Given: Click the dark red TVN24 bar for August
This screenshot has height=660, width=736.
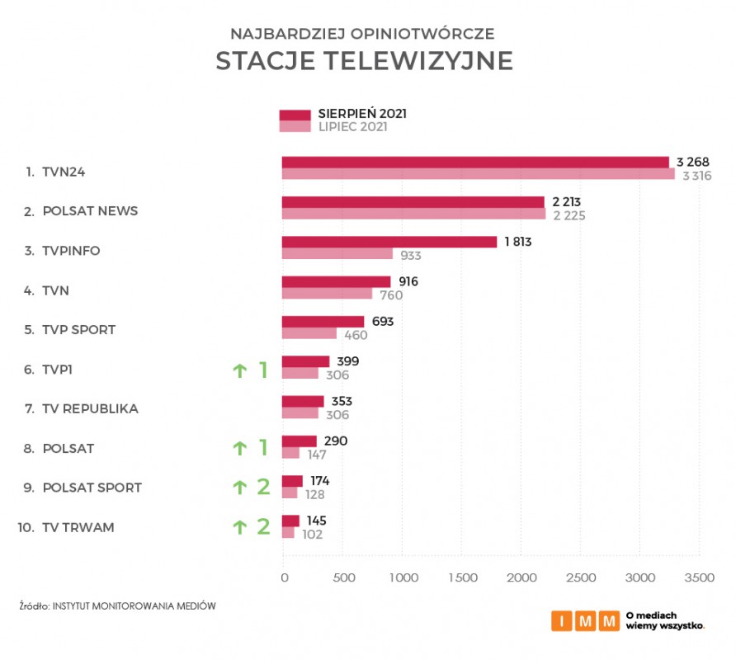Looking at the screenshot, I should coord(474,162).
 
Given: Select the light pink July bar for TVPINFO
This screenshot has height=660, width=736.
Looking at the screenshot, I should coord(337,254).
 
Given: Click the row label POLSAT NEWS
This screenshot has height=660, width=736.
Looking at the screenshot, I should coord(90,211).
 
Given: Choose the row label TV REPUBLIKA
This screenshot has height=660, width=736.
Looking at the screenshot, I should coord(90,408).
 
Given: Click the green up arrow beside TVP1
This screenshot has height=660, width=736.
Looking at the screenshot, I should coord(239,370).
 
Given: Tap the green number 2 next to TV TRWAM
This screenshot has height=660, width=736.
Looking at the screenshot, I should coord(263,526).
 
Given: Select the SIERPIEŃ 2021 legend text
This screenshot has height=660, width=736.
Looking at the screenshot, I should coord(362,114).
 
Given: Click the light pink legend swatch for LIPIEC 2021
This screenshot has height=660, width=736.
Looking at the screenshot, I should coord(295,127).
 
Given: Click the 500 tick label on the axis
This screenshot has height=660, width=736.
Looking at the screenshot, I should coord(343,578).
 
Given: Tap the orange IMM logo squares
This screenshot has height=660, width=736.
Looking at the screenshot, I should coord(585,620).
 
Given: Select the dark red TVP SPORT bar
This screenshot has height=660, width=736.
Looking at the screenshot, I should coord(323,321).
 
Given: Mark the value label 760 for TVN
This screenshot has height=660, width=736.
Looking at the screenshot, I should coord(390,295).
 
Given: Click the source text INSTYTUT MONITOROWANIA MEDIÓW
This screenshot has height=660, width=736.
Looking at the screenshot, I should coord(134,606).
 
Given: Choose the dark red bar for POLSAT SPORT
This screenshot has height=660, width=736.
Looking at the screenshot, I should coord(292,480).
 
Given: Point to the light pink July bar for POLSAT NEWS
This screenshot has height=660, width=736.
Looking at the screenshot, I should coord(413,214).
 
